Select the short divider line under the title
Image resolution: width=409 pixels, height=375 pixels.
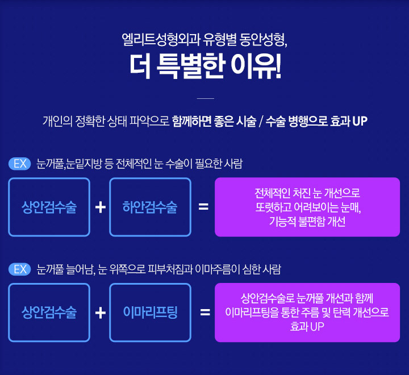coord(204,98)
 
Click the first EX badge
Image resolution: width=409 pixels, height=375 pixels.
coord(20,164)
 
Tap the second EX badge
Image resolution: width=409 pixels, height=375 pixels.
coord(20,269)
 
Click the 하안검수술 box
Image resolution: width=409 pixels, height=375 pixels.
coord(150,207)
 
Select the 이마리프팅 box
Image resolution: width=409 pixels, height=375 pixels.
coord(150,312)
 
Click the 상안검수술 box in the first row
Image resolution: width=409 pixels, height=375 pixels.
coord(49,207)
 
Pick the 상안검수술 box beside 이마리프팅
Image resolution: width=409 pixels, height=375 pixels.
coord(49,312)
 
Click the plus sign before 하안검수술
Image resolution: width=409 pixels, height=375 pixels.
coord(100,207)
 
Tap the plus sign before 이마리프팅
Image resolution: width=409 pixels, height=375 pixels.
coord(100,312)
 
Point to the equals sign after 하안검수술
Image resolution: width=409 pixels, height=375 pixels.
coord(203,207)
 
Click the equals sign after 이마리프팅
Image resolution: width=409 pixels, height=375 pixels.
coord(205,312)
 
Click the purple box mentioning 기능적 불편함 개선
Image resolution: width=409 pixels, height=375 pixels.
coord(307,207)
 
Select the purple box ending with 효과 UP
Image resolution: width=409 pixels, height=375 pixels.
coord(307,312)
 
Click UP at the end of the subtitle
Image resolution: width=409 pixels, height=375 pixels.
coord(360,122)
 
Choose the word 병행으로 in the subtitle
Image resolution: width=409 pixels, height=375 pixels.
coord(308,122)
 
